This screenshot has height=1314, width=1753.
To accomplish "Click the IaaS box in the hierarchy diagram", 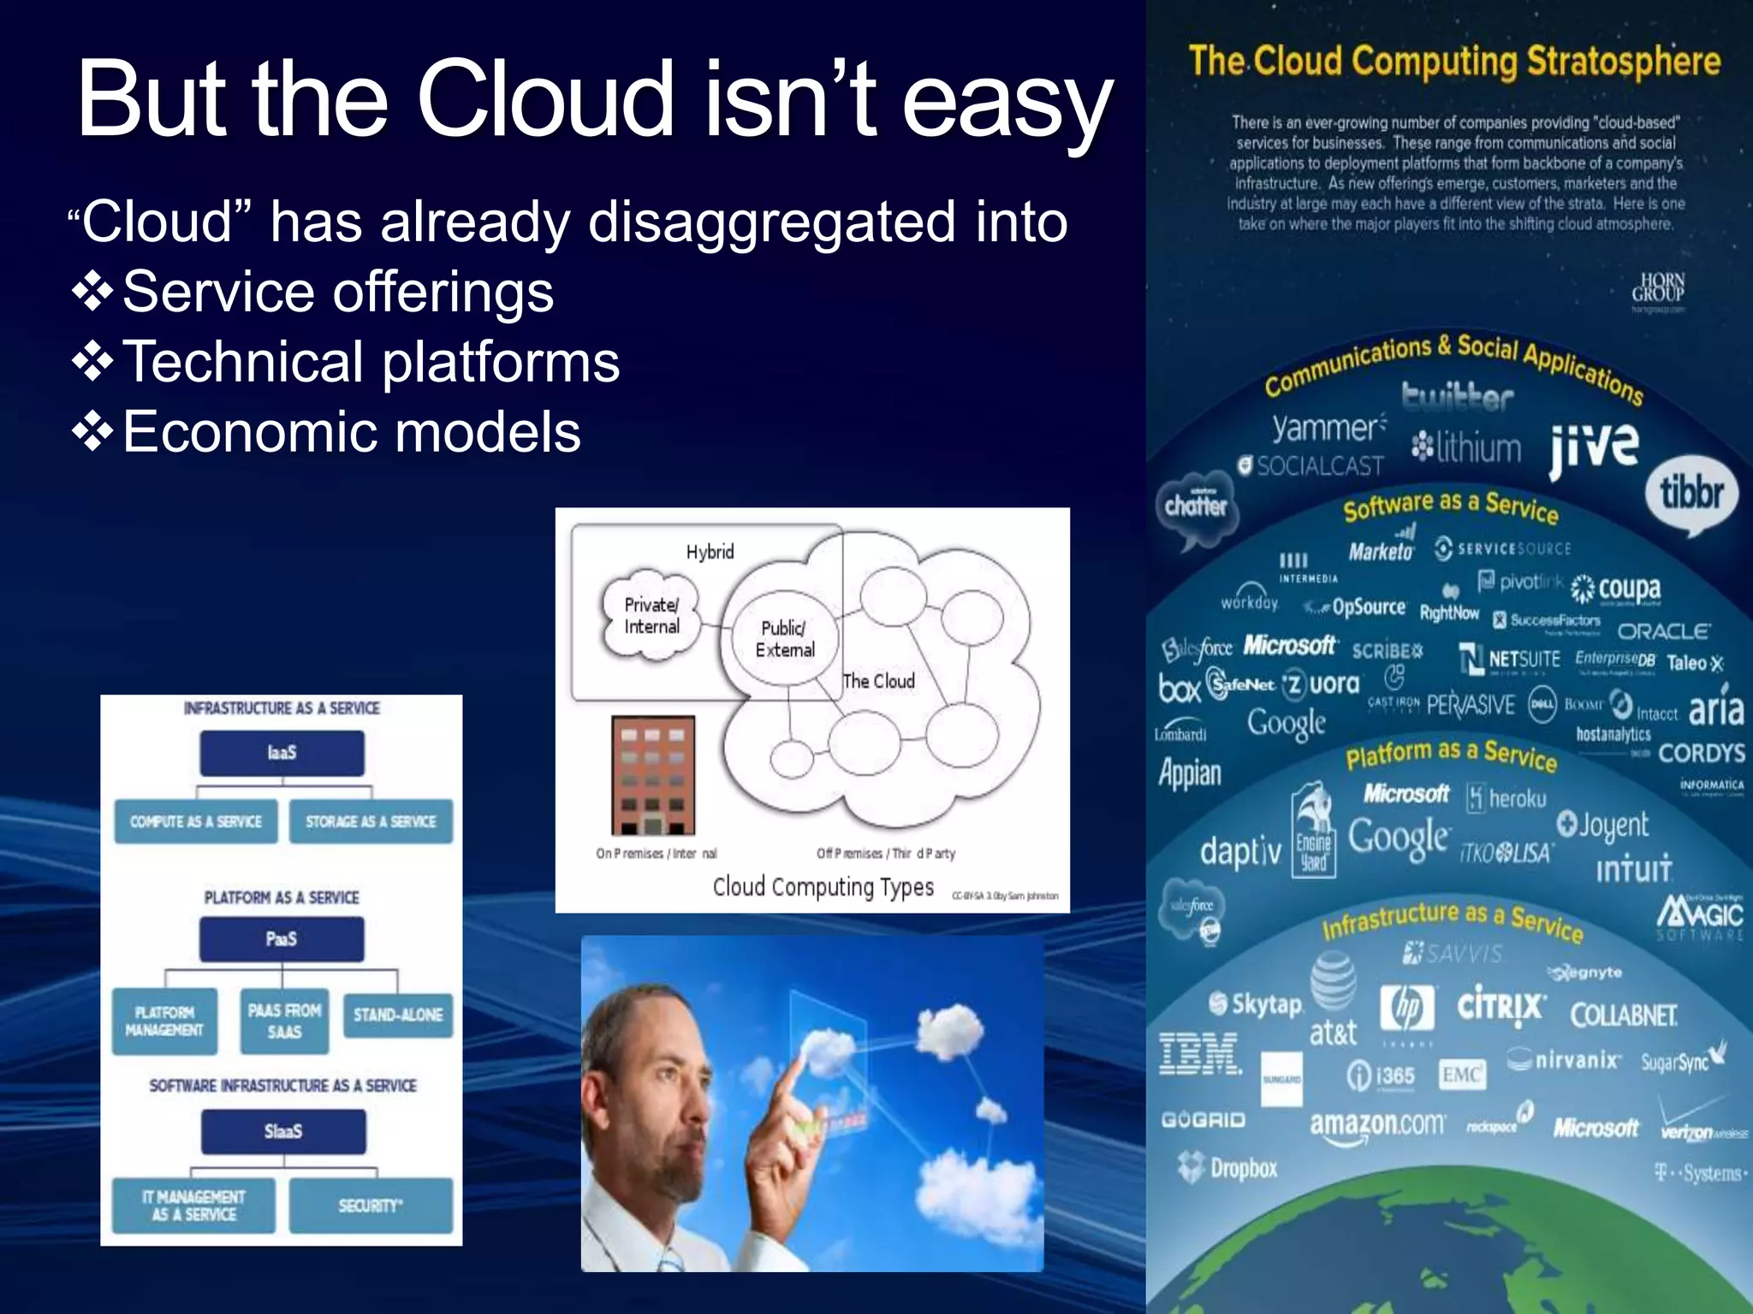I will click(282, 753).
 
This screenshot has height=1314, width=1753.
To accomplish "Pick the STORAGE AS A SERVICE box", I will click(371, 821).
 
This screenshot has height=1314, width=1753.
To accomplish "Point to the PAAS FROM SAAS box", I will click(284, 1021).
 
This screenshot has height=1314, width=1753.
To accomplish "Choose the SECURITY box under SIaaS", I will click(370, 1205).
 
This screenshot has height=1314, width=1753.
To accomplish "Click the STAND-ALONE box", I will click(398, 1015).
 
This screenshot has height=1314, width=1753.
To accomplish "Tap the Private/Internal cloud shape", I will click(651, 615).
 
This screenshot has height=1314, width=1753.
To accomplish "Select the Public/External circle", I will click(783, 638).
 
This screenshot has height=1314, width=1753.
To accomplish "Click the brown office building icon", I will click(652, 775).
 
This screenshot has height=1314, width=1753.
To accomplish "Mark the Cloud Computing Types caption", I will click(823, 887).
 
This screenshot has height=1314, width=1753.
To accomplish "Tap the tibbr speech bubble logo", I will click(1691, 494).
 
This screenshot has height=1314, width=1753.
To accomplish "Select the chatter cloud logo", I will click(1195, 506).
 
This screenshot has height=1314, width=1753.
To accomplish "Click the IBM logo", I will click(1199, 1053).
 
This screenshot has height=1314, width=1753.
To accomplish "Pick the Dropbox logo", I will click(1228, 1167).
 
